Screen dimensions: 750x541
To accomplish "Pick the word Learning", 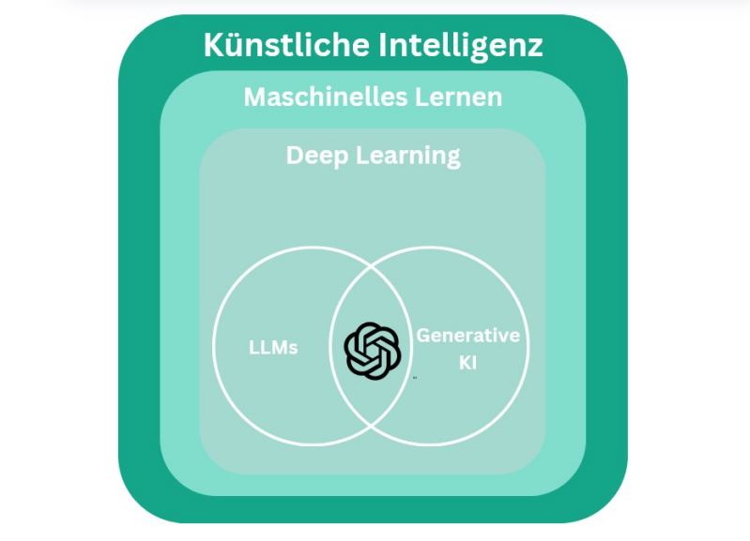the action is (x=408, y=156).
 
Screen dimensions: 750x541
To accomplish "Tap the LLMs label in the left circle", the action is (x=273, y=348).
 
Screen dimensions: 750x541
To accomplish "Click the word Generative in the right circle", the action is (x=468, y=336).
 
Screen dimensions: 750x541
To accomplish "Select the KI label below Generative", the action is (x=468, y=362).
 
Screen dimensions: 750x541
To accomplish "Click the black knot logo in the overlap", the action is (x=373, y=351).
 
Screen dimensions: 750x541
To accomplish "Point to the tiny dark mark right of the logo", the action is (x=415, y=377).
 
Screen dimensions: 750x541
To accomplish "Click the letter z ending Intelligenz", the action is (x=535, y=45).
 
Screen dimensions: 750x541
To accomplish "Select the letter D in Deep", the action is (x=295, y=155).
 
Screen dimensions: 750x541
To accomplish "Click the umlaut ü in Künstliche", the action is (x=238, y=44).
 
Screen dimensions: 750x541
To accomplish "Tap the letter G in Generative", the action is (x=424, y=336).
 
